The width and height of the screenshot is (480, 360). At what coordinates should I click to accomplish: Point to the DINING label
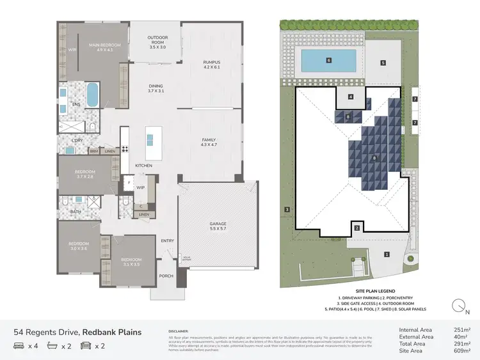[156, 88]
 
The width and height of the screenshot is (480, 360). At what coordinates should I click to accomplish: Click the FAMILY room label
[210, 142]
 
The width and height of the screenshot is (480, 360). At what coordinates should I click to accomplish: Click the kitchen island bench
[151, 137]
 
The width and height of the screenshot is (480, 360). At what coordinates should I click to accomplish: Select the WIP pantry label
[141, 187]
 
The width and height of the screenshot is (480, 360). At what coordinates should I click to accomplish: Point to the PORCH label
[166, 276]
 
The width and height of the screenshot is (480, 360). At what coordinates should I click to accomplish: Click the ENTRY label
[167, 240]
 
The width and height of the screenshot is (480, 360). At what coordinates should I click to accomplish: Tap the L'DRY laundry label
[77, 140]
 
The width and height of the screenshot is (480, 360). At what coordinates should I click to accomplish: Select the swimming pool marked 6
[328, 61]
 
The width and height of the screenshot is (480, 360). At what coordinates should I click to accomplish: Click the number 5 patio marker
[383, 63]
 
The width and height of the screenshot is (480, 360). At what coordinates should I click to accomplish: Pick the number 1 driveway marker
[386, 254]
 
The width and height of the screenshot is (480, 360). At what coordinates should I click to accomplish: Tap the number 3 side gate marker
[287, 209]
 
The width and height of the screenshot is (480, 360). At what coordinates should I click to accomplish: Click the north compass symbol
[458, 306]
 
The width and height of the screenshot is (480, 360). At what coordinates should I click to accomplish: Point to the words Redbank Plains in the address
[112, 332]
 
